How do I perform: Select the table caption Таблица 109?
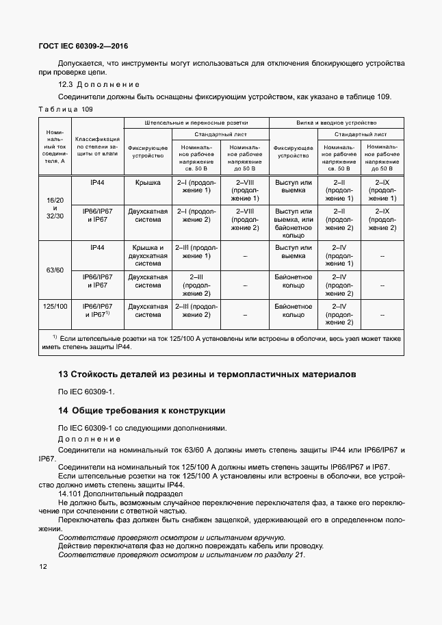point(65,110)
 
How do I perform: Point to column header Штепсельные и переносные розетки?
point(196,122)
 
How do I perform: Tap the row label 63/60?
point(54,270)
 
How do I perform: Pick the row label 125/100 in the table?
point(54,307)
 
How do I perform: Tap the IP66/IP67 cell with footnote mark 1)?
point(97,311)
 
